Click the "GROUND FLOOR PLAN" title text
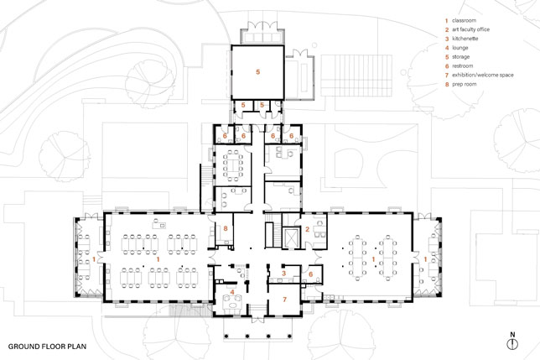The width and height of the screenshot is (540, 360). (47, 347)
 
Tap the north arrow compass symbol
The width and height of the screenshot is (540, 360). (512, 343)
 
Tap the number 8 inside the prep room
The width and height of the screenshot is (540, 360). (226, 228)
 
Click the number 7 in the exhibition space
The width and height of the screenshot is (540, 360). (284, 300)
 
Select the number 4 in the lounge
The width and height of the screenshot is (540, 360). (232, 292)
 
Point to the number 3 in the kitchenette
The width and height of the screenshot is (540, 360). (283, 274)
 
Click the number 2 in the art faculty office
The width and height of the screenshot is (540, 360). (307, 229)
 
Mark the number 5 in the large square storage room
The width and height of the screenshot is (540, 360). (258, 72)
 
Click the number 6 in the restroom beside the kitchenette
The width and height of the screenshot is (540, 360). (310, 274)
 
